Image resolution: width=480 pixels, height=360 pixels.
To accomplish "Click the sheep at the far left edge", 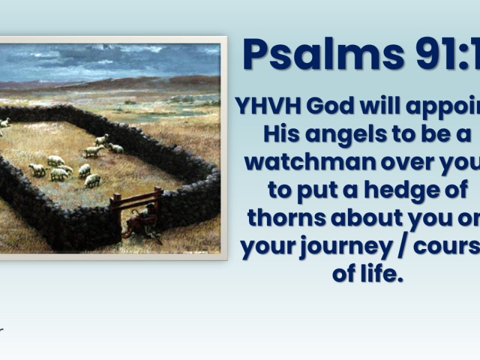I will coord(5,123).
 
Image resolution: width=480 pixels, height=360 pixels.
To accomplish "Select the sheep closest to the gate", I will coord(92,180).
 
